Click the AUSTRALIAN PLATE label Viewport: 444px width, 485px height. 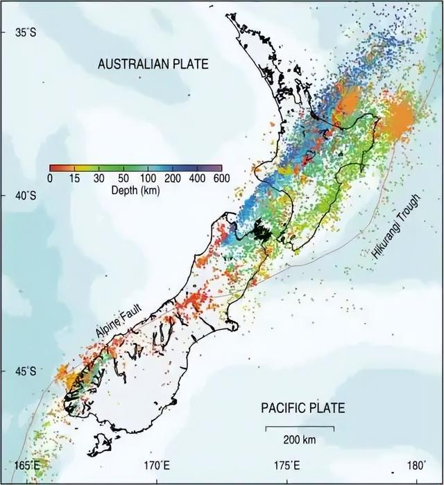click(153, 64)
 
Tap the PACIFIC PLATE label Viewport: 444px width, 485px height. click(302, 407)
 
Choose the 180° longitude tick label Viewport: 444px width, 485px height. click(416, 465)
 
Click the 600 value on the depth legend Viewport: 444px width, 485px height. click(221, 178)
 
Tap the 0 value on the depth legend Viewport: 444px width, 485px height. click(50, 178)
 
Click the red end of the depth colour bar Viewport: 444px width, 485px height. click(53, 168)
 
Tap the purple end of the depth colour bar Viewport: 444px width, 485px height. click(219, 168)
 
